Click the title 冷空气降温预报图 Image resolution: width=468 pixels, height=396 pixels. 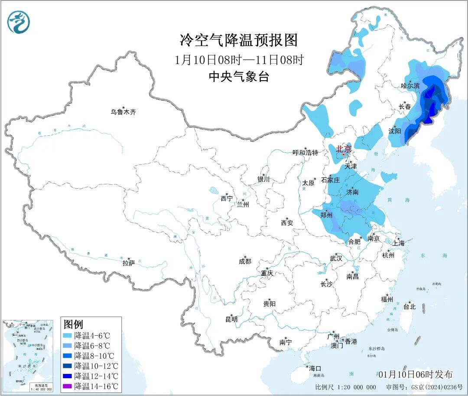pos(239,40)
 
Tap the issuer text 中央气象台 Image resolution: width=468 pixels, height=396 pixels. pos(239,77)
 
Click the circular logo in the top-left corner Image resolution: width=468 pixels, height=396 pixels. pos(19,22)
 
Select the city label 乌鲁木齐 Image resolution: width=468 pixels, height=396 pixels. pos(123,112)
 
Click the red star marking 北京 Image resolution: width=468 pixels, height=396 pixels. pos(344,154)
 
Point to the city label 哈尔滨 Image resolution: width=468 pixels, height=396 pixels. pos(410,86)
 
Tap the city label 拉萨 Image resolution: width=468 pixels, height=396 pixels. pos(129,263)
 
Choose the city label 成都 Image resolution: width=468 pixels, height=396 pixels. pos(245,261)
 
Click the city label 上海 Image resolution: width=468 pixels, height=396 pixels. pos(398,243)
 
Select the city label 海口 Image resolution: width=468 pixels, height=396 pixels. pos(315,368)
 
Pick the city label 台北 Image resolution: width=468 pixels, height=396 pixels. pos(409,307)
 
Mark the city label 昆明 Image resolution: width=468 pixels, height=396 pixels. pos(231,319)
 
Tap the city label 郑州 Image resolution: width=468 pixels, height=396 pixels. pos(326,215)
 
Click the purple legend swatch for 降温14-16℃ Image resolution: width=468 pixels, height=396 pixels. pos(67,386)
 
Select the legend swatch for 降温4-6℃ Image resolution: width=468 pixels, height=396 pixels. pos(67,335)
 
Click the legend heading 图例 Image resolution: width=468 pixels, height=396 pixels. pos(73,324)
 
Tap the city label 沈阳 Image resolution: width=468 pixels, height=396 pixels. pos(394,131)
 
